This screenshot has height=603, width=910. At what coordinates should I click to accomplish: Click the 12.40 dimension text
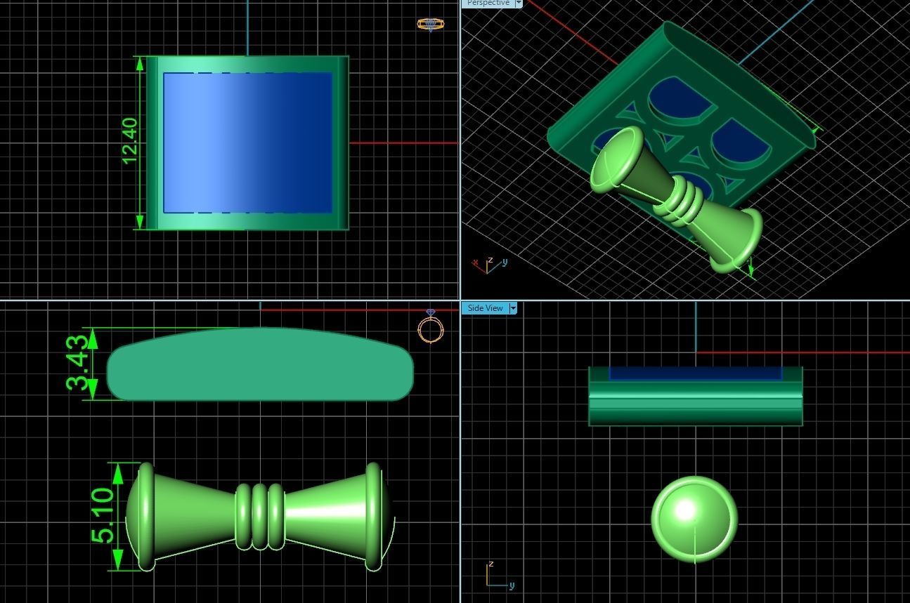[130, 141]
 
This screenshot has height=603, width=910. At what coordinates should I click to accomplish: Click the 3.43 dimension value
[78, 362]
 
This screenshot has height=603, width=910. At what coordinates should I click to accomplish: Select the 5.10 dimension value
[102, 516]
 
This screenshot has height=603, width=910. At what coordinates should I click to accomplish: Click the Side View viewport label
[485, 308]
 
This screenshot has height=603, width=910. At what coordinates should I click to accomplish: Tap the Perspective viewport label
[488, 3]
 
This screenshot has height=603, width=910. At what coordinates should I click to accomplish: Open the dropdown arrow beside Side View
[513, 308]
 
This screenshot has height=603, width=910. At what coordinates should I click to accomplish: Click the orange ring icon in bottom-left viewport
[431, 328]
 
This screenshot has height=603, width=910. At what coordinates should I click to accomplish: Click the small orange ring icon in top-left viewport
[430, 25]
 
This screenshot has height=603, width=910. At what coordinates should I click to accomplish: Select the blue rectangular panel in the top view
[247, 143]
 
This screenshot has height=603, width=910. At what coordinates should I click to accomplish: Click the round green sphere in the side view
[694, 519]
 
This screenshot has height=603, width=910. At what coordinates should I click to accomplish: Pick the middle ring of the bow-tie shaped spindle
[259, 516]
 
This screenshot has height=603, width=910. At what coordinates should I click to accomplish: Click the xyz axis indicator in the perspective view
[489, 265]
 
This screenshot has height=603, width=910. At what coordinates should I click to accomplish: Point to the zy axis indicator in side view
[498, 575]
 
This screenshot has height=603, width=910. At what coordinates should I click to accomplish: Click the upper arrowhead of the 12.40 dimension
[139, 64]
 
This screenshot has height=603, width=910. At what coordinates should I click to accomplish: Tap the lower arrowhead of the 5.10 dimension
[117, 559]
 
